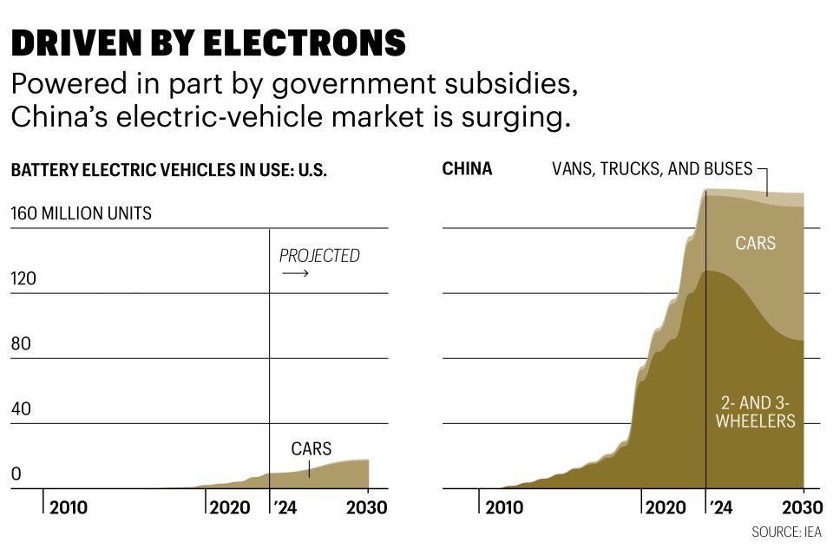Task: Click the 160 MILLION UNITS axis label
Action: pos(81,213)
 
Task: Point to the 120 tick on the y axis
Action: pos(23,278)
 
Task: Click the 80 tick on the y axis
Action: pos(20,343)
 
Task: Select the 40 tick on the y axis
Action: pos(20,408)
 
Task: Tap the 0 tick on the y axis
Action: pos(15,474)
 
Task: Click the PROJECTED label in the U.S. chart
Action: pos(318,256)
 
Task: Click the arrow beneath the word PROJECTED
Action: pos(295,274)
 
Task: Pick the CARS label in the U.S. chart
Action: pos(311,449)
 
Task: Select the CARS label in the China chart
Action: pos(755,244)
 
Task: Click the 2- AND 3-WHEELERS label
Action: pos(758,412)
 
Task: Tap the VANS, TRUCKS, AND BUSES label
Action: pos(652,169)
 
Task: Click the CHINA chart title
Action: pos(467,169)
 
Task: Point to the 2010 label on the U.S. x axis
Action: pos(68,507)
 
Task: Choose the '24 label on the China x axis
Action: pos(720,507)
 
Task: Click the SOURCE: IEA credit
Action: pos(786,532)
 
